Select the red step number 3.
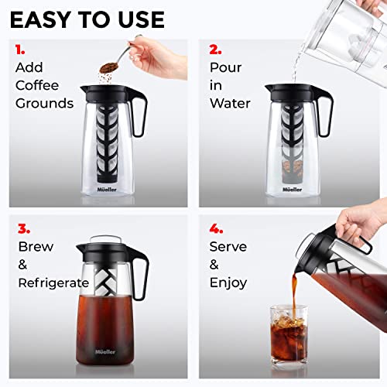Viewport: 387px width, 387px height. (x=22, y=229)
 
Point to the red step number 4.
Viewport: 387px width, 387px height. (x=215, y=229)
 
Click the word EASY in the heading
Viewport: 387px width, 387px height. (x=43, y=19)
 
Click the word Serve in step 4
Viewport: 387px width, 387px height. (x=228, y=248)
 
